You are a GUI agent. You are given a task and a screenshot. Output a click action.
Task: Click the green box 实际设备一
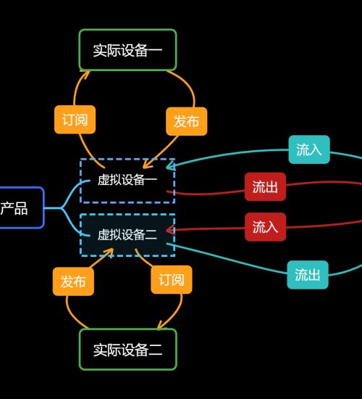click(127, 49)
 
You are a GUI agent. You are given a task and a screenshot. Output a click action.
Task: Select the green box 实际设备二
click(127, 349)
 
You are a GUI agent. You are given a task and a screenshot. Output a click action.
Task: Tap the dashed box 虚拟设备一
click(127, 181)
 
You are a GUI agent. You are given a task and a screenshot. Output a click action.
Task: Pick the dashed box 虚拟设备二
click(127, 235)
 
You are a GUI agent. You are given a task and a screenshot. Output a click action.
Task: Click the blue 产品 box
click(22, 207)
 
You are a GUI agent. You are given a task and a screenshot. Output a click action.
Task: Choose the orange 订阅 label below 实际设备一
click(75, 120)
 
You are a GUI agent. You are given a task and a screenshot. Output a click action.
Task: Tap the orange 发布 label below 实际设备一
click(187, 121)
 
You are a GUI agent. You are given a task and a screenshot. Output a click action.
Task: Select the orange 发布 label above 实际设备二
click(73, 281)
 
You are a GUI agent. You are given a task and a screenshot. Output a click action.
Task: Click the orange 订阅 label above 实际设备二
click(172, 279)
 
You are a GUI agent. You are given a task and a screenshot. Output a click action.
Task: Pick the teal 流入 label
click(309, 149)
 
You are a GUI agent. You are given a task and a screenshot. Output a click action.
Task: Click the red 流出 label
click(265, 186)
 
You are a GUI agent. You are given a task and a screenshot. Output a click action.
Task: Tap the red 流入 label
click(265, 227)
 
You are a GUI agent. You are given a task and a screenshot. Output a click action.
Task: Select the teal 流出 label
click(308, 274)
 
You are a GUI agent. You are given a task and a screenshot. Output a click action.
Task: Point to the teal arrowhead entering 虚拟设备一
click(169, 167)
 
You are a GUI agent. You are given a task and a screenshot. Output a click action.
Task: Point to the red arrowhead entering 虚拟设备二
click(169, 230)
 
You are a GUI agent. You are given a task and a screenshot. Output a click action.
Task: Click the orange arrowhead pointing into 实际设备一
click(85, 75)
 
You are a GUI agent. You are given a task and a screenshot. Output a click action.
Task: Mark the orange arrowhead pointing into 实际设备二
click(161, 325)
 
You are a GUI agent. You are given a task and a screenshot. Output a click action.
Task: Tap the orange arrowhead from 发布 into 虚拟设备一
click(148, 164)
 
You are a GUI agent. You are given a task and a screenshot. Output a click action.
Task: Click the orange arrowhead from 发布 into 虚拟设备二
click(109, 252)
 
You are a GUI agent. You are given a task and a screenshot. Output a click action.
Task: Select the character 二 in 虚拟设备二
click(151, 235)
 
